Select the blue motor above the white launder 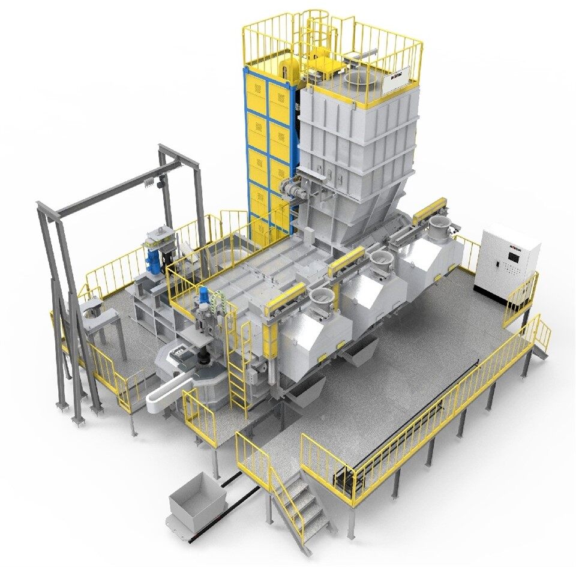(204, 298)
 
